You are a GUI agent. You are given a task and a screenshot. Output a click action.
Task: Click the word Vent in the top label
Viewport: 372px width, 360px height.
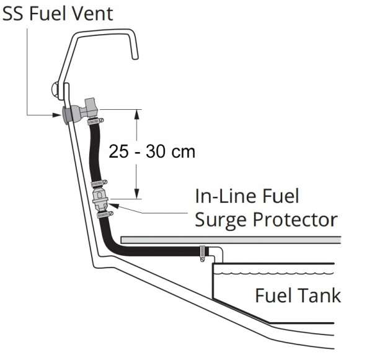point(92,12)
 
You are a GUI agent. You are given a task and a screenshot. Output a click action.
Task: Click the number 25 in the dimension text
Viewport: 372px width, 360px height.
point(118,151)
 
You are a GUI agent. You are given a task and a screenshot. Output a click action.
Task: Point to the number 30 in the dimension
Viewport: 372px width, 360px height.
point(155,151)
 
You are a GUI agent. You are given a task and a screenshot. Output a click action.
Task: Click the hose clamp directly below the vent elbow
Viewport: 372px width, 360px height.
point(95,120)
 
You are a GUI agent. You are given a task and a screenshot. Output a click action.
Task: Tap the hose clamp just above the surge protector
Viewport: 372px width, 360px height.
point(98,184)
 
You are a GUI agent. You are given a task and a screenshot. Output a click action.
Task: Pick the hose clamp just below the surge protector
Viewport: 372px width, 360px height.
point(104,214)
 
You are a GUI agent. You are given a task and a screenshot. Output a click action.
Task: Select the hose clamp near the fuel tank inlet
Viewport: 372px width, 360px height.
point(201,252)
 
